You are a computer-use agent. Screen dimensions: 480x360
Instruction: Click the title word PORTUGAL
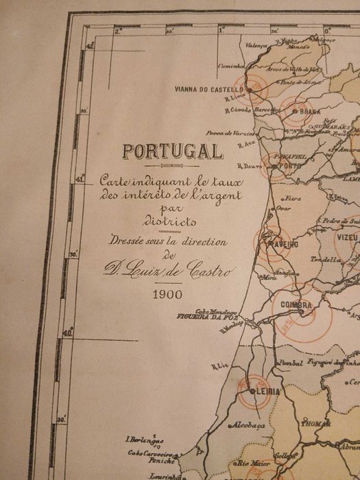pos(172,152)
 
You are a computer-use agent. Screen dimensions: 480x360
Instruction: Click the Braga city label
pos(310,111)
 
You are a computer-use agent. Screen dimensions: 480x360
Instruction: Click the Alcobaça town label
pos(245,425)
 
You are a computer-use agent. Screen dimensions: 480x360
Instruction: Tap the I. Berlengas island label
pos(144,439)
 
